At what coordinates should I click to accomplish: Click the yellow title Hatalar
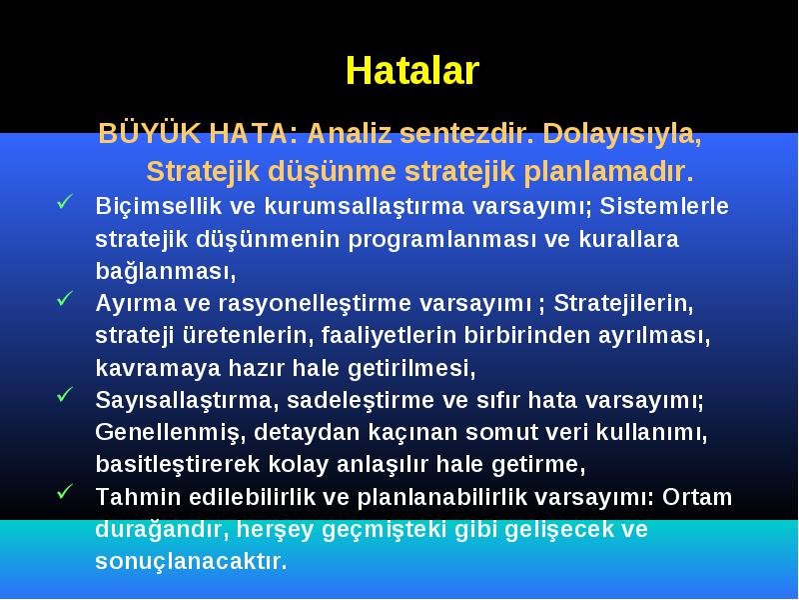tap(412, 70)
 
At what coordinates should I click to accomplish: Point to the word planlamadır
tap(608, 171)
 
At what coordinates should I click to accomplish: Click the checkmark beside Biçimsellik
tap(65, 202)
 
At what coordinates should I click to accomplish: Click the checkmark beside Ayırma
tap(65, 298)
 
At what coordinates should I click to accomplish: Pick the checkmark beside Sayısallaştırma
tap(65, 394)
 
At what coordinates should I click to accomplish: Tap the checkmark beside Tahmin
tap(65, 491)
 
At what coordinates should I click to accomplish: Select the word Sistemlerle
tap(664, 206)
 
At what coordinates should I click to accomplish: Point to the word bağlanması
tap(166, 271)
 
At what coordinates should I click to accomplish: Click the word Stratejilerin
tap(623, 304)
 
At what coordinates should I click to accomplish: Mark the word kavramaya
tap(158, 368)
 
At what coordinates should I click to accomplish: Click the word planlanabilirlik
tap(442, 497)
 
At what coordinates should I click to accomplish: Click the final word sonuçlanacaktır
tap(192, 562)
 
